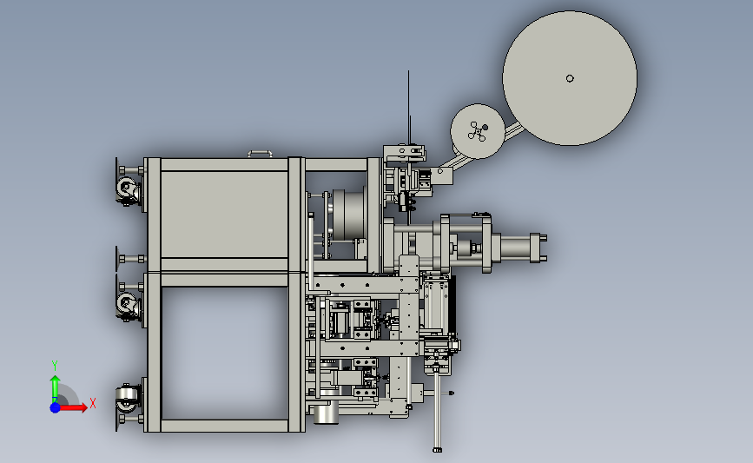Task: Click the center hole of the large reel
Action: coord(570,78)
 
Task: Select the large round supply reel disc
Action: coord(570,78)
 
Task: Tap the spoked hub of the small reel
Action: coord(478,131)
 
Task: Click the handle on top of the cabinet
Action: coord(260,154)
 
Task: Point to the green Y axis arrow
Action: coord(55,387)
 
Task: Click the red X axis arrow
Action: coord(73,407)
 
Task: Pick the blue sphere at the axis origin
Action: coord(55,407)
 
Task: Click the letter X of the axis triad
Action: coord(93,403)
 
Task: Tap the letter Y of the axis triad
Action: coord(55,366)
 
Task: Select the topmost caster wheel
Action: coord(127,188)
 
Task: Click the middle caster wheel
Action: coord(127,304)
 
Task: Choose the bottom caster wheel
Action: coord(127,399)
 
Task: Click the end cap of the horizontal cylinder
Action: coord(538,248)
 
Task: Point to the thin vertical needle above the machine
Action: coord(409,107)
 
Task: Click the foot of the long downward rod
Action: coord(437,450)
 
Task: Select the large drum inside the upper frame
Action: coord(348,215)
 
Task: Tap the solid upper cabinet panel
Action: coord(224,215)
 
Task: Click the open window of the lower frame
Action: coord(225,354)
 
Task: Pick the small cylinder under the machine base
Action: coord(326,415)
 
